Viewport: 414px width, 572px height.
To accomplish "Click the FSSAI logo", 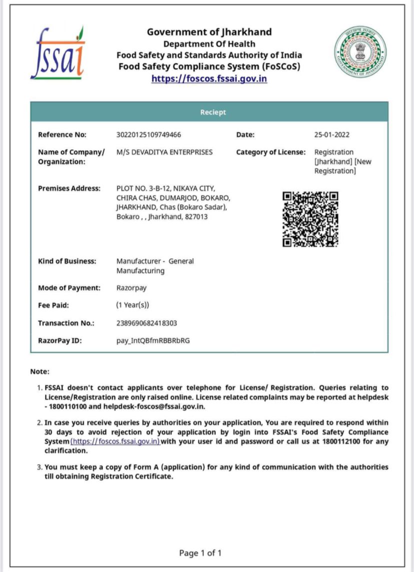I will tap(57, 53).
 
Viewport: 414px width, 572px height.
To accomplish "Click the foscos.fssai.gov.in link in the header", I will tap(209, 78).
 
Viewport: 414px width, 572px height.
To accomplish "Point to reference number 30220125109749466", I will tap(148, 134).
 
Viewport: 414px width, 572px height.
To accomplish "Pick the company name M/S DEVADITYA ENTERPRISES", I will tap(164, 152).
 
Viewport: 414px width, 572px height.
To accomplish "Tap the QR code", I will tap(310, 219).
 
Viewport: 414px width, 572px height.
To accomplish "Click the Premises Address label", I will tap(69, 188).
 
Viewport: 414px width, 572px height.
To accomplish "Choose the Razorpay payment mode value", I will tap(131, 288).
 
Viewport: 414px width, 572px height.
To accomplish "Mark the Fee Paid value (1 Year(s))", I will tap(132, 305).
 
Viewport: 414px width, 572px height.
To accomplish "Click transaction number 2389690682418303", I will tap(146, 323).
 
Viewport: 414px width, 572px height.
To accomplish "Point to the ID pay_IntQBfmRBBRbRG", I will tap(153, 340).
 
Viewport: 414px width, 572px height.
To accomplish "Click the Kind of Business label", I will tap(67, 261).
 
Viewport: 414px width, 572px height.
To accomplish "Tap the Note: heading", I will tap(40, 371).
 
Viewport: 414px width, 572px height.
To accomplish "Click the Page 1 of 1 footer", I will tap(200, 553).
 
